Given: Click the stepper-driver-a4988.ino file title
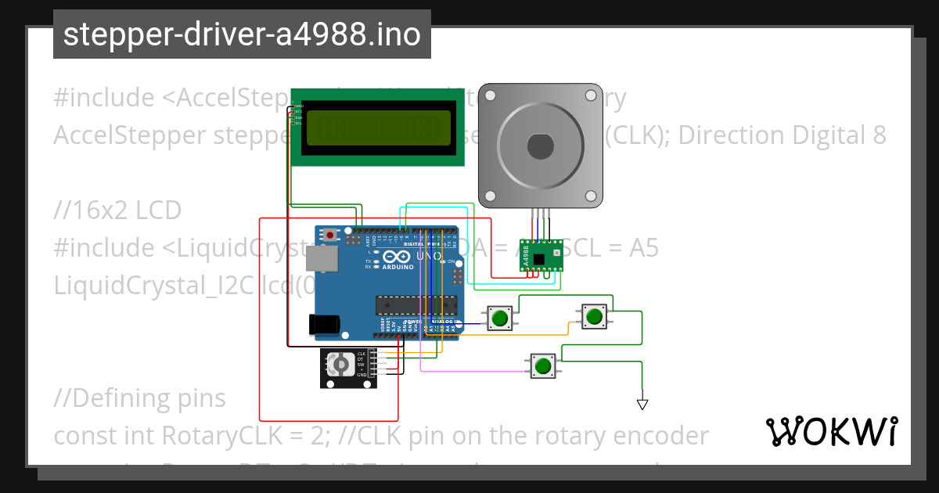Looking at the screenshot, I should pos(242,34).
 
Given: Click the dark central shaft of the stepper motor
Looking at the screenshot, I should pos(540,146).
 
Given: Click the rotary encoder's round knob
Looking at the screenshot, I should pos(340,364).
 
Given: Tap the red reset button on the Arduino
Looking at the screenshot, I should pos(331,234).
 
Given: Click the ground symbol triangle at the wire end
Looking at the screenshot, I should pos(642,404).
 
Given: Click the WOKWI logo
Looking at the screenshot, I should pos(831,431).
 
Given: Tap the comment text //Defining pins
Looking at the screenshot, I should pos(139,398).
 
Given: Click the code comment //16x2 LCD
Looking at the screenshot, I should pos(117,211).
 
